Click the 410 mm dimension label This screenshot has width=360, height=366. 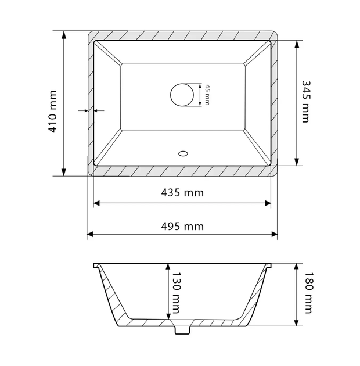coord(53,112)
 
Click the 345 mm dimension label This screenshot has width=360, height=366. coord(305,102)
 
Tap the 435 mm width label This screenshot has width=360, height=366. coord(182,193)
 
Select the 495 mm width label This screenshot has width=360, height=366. coord(182,227)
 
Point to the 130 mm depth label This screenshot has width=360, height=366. coord(176,293)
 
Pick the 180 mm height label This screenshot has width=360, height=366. coord(309,293)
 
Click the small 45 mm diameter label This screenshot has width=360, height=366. coord(207,95)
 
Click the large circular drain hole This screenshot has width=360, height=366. coord(182,95)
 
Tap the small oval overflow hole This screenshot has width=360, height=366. coord(183,153)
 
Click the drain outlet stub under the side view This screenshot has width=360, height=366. coord(182,329)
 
